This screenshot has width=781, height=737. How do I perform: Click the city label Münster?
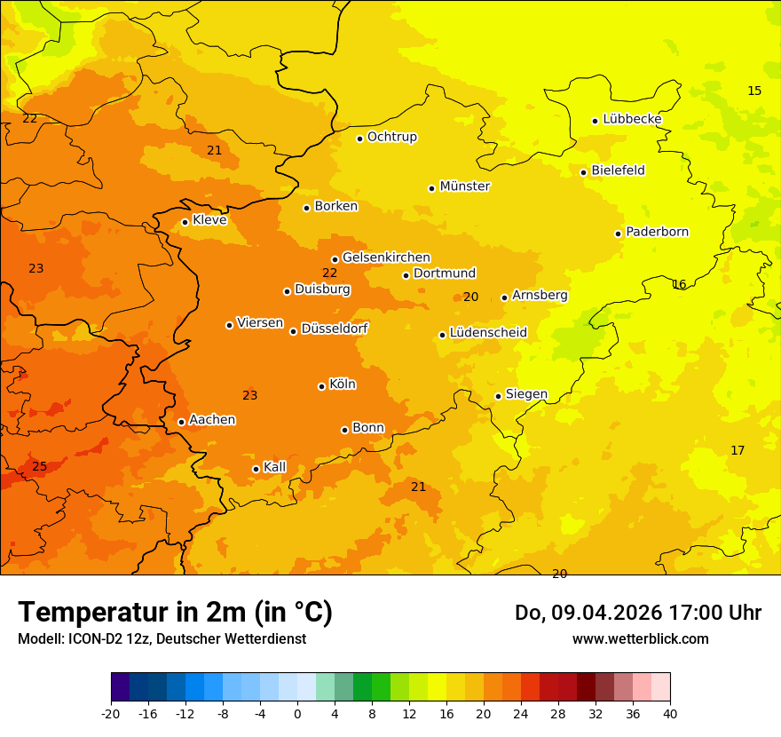click(465, 186)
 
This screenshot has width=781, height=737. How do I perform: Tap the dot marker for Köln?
click(321, 386)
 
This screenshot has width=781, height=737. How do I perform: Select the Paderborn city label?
click(658, 232)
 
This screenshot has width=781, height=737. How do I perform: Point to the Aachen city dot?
click(181, 422)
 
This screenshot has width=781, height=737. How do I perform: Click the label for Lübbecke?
click(632, 119)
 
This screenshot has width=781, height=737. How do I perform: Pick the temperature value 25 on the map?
click(40, 466)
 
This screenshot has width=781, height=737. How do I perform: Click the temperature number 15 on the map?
click(754, 91)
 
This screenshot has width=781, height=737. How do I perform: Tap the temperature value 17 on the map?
click(738, 450)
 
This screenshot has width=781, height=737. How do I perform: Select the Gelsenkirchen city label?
click(386, 258)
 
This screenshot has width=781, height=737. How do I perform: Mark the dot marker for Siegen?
click(498, 396)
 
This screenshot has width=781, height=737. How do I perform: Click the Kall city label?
click(275, 467)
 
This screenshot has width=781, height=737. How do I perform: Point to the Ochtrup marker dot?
click(359, 138)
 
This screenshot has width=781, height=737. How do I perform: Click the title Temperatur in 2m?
click(175, 613)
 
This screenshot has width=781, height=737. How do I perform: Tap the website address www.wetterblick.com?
click(641, 638)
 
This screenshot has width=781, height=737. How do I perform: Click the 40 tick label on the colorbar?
click(670, 713)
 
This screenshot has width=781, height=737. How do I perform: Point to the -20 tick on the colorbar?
click(111, 713)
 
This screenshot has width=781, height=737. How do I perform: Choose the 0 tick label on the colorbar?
click(297, 713)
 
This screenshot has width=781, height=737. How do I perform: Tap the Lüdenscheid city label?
click(488, 333)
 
